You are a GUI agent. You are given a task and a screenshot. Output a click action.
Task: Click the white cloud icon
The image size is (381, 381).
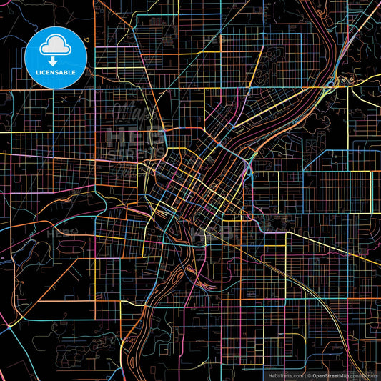coord(56,46)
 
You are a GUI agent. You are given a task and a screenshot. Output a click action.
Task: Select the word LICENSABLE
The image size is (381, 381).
coord(56,72)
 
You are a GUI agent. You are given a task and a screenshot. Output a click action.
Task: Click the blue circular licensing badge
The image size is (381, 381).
coord(56,57)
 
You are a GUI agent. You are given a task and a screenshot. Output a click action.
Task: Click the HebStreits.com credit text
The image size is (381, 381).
coord(284,375)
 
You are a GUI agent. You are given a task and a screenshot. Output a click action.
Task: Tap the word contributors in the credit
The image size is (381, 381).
coord(364,375)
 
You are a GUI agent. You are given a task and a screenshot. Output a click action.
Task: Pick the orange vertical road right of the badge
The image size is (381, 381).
coord(95,43)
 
